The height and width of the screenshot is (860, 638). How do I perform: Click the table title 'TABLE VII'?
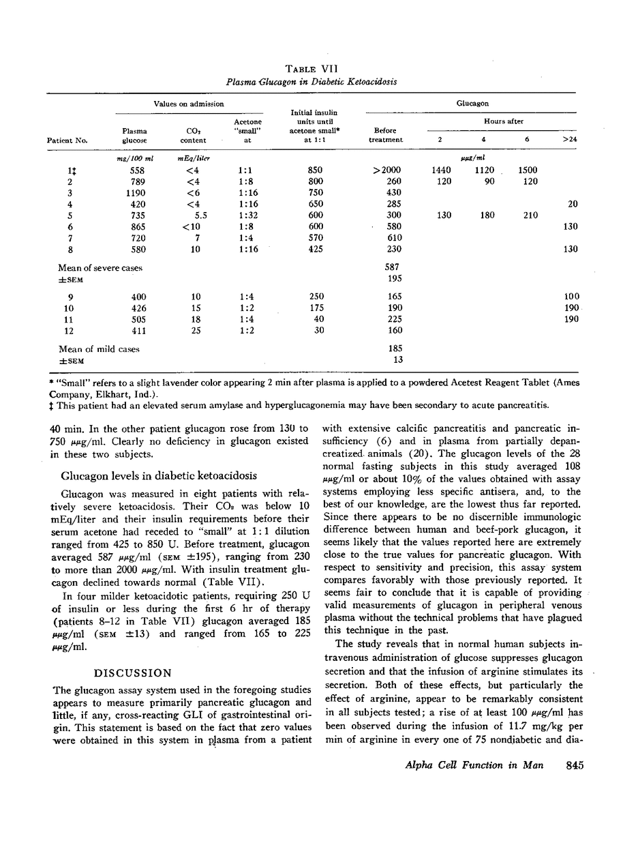pos(311,68)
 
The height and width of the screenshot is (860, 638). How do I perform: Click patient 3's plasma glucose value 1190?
pos(134,193)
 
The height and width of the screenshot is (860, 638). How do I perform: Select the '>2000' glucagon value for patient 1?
pos(386,170)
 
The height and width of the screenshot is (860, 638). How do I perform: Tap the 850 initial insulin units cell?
pos(315,170)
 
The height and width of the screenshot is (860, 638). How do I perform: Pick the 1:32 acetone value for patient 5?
pos(247,215)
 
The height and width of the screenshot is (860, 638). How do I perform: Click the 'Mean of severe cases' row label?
pos(101,268)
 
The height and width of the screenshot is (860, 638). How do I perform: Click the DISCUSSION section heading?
pos(132,673)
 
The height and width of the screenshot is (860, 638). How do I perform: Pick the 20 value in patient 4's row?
pos(571,204)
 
